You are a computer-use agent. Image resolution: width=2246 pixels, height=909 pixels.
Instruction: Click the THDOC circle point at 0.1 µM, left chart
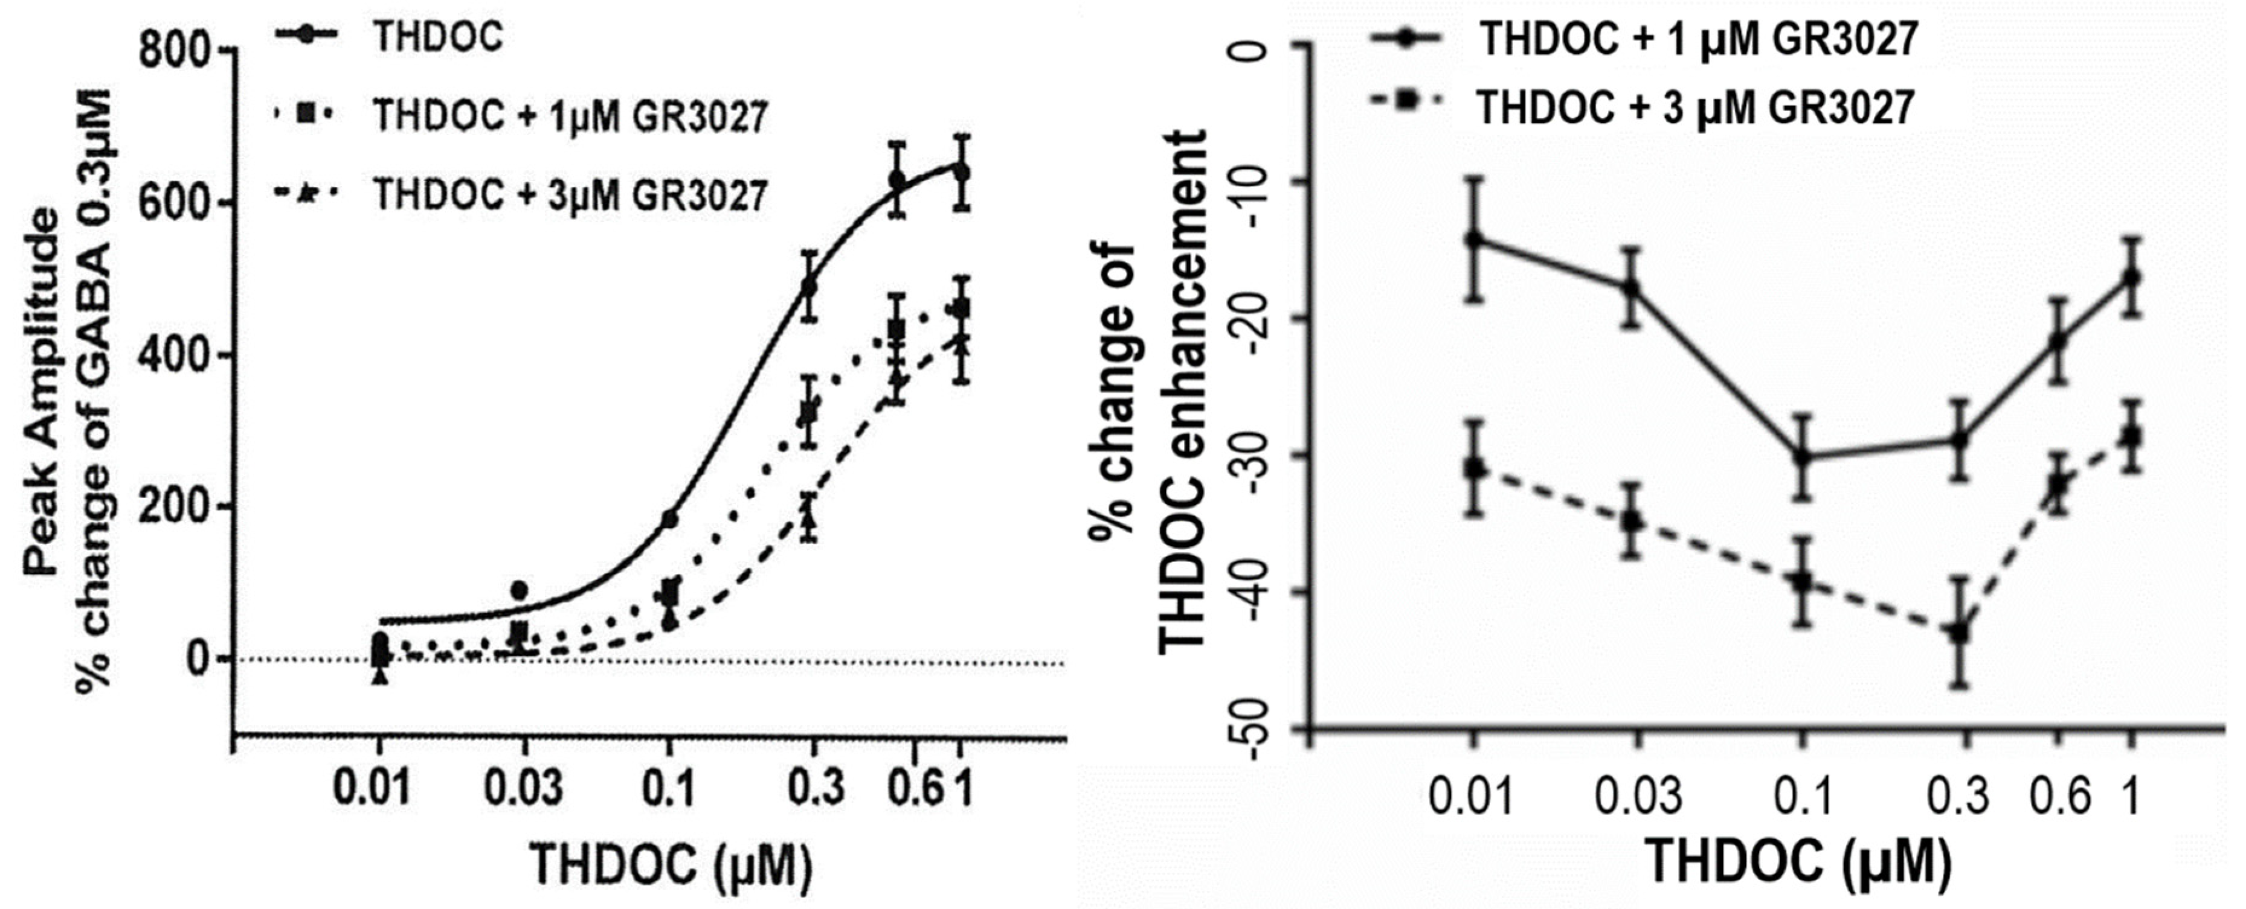click(669, 520)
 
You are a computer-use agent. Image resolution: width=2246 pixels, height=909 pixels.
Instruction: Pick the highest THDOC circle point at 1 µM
click(961, 171)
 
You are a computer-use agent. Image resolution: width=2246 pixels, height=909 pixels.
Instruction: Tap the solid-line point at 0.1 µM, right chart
click(1803, 457)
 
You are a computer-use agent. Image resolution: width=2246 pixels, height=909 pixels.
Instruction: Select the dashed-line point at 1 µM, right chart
click(2131, 436)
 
